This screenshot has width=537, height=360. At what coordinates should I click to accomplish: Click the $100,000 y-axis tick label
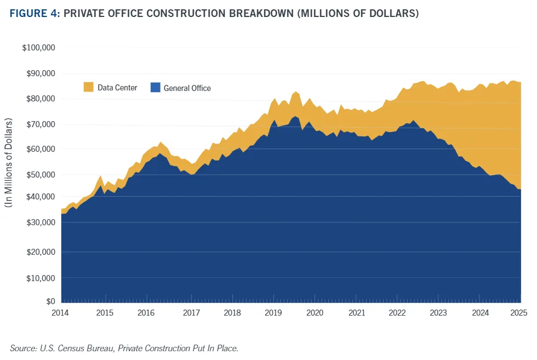(39, 48)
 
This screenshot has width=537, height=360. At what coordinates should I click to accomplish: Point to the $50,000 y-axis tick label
(41, 175)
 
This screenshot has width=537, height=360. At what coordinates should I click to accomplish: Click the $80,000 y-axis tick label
(41, 99)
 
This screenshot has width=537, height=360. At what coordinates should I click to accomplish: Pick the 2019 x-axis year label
(273, 313)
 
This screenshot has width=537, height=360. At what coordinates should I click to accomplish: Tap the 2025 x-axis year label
(519, 313)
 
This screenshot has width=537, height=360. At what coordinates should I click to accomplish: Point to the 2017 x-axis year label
(191, 313)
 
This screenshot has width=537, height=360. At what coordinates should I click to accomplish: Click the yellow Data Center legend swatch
(88, 87)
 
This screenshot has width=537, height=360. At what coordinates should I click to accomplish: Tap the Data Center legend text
(117, 88)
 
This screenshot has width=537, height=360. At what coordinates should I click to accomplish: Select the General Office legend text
(187, 88)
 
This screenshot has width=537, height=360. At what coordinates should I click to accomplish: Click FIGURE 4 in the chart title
(32, 13)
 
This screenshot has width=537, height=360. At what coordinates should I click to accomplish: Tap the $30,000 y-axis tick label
(41, 222)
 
